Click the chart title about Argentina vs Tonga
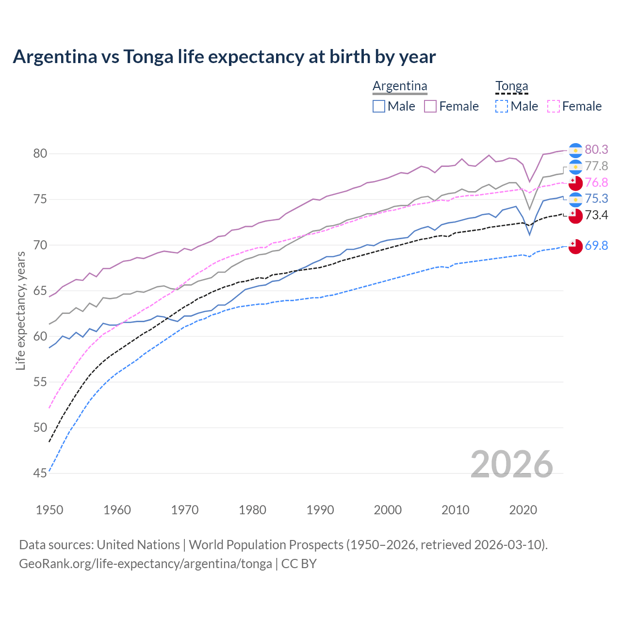[224, 57]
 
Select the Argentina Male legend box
[379, 106]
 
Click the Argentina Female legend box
[430, 106]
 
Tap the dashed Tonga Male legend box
[502, 106]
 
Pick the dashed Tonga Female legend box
[553, 106]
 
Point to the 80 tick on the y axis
[40, 154]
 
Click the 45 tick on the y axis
[40, 473]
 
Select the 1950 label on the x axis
[49, 510]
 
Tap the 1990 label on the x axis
[320, 510]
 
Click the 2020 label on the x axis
[523, 510]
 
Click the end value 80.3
[596, 150]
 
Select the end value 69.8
[596, 246]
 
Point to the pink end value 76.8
[596, 182]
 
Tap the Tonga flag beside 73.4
[575, 215]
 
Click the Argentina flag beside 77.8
[575, 166]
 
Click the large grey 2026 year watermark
[512, 464]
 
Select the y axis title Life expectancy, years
[20, 310]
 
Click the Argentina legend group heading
[400, 86]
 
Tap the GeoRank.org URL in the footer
[146, 564]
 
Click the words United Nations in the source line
[138, 545]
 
